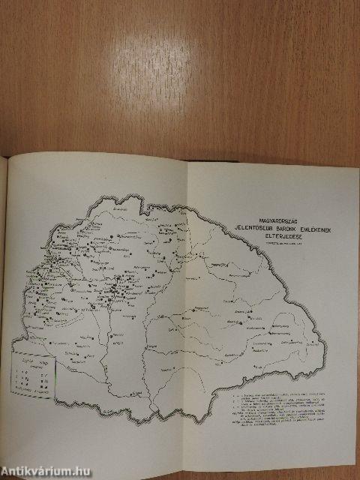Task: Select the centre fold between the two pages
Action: pos(186,300)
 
